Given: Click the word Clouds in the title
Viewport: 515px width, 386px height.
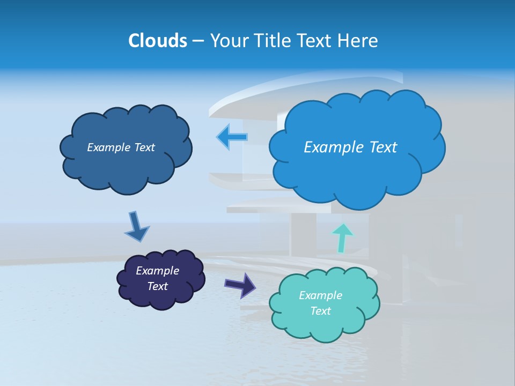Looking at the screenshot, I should [157, 41].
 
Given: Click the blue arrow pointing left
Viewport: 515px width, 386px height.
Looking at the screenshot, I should [232, 137].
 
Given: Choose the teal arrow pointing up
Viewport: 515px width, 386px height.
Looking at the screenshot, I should [342, 237].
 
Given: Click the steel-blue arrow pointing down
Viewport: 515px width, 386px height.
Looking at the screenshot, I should [136, 227].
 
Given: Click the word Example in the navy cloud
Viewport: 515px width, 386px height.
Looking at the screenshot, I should [157, 271].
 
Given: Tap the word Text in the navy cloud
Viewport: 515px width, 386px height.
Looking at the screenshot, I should [157, 286].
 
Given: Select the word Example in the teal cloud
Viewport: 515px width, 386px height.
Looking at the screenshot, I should [320, 295].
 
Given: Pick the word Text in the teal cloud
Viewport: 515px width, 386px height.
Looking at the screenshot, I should [320, 311].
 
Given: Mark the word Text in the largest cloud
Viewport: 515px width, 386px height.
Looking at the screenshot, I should [383, 147].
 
